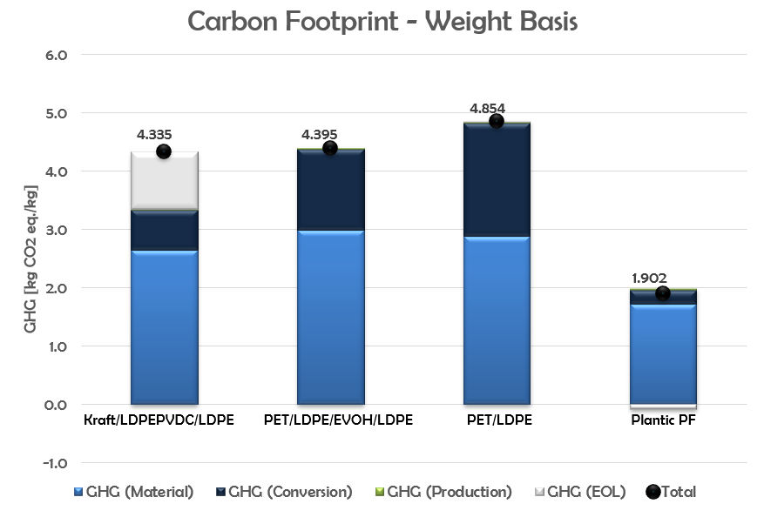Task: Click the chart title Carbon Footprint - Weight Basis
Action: [382, 22]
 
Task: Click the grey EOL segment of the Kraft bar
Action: [165, 181]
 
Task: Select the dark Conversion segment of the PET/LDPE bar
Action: [496, 179]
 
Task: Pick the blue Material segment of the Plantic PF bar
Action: [662, 354]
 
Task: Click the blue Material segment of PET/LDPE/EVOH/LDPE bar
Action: [331, 317]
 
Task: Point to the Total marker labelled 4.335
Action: [164, 151]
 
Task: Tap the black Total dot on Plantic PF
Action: [662, 293]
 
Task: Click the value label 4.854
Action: [487, 109]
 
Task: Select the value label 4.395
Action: [319, 135]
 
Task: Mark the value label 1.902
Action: [649, 279]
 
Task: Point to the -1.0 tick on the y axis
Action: [66, 462]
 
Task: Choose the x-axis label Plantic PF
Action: [661, 420]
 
